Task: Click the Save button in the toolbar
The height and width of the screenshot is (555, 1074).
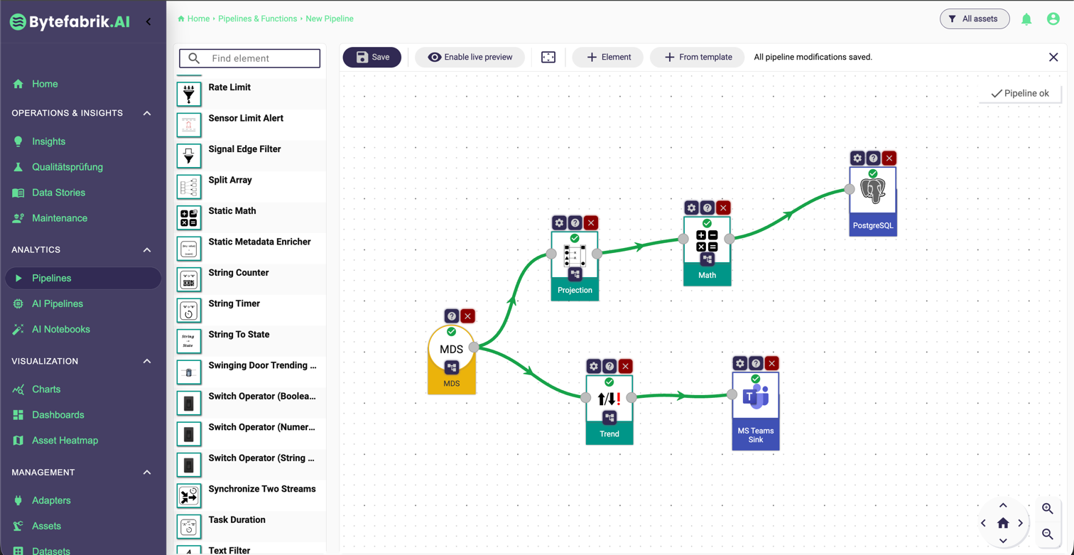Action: (x=372, y=57)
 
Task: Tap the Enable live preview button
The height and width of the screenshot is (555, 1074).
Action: (x=470, y=57)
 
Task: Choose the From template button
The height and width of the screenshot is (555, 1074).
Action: (x=697, y=57)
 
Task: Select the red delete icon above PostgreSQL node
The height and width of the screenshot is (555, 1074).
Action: (x=889, y=158)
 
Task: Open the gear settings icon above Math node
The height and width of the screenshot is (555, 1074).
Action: (x=691, y=208)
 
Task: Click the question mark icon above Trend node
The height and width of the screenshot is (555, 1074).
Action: (x=609, y=367)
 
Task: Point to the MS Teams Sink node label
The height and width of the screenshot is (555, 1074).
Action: (x=756, y=435)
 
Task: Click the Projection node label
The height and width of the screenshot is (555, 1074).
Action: (x=575, y=290)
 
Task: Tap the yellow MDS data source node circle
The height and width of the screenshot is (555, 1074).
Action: (x=451, y=349)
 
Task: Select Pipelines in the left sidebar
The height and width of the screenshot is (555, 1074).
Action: (x=52, y=278)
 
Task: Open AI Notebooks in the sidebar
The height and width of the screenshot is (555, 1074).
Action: (x=61, y=329)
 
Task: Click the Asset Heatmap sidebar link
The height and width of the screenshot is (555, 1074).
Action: (x=65, y=441)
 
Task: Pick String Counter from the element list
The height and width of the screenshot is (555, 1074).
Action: (x=239, y=273)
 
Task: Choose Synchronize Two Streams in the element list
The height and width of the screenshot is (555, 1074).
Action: (x=262, y=489)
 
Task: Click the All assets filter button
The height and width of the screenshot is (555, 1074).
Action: (x=974, y=19)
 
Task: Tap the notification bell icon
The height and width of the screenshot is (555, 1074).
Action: (x=1026, y=19)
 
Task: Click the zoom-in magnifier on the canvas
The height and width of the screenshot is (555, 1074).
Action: (x=1047, y=509)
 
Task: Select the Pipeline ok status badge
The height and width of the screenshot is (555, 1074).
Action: (x=1020, y=93)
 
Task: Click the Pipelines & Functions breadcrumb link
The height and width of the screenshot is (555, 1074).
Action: (x=257, y=18)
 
